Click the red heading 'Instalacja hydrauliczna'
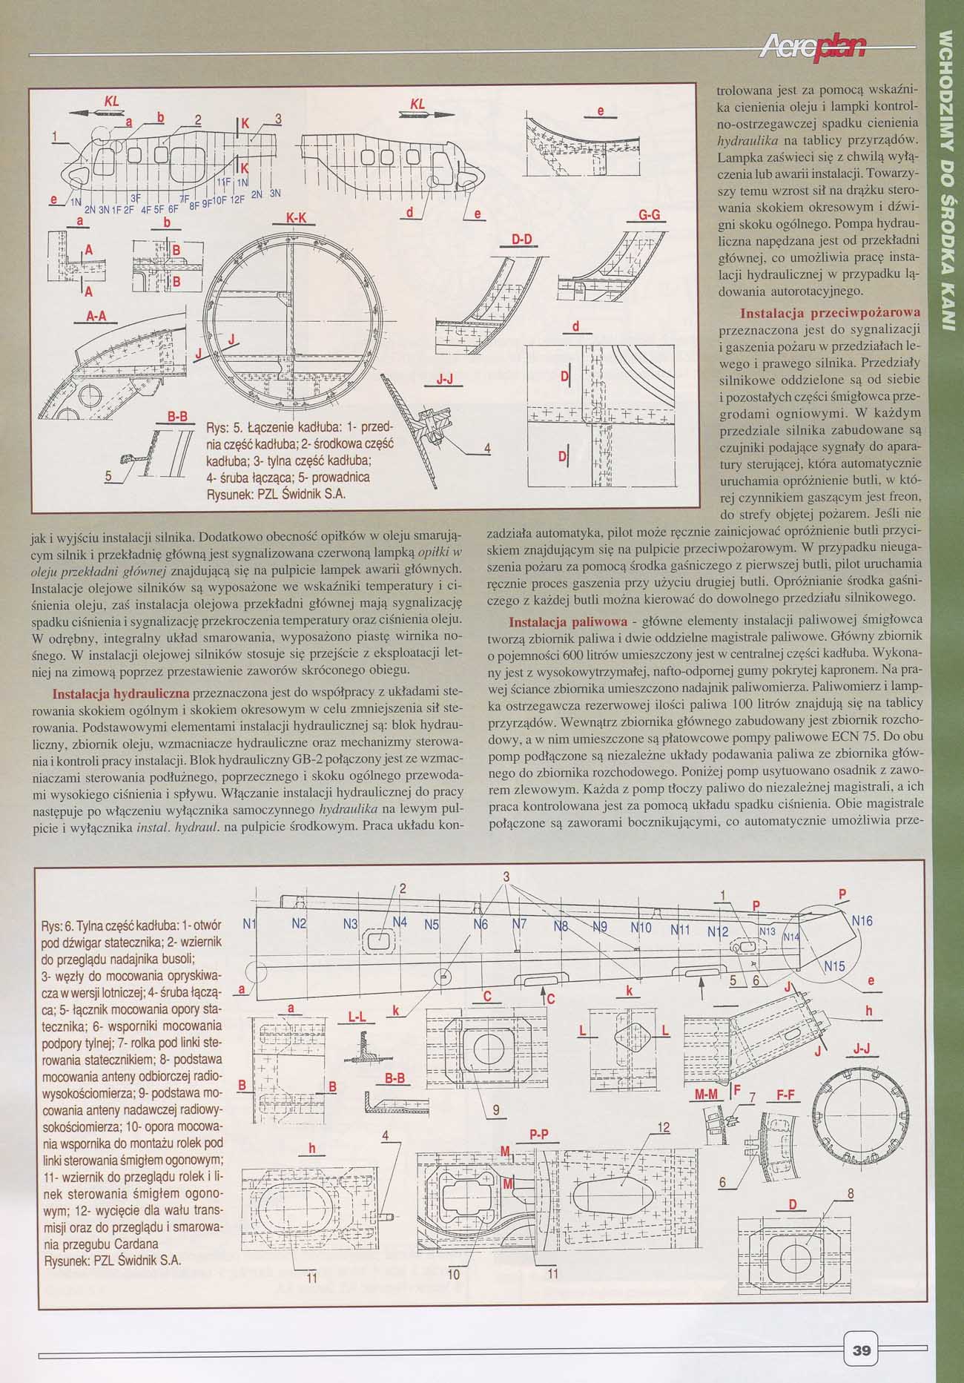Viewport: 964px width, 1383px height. point(121,694)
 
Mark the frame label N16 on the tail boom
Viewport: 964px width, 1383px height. point(862,920)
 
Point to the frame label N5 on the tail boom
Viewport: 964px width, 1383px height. point(432,925)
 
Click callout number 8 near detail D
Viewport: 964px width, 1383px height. point(851,1193)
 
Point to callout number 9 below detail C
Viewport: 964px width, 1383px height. point(495,1110)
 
